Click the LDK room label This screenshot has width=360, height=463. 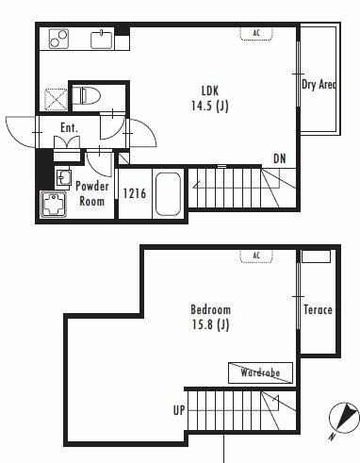210,91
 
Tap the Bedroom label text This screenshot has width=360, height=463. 211,309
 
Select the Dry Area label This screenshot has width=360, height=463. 319,85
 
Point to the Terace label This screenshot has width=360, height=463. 318,310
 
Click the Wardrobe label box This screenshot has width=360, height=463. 260,372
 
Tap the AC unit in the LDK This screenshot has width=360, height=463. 256,33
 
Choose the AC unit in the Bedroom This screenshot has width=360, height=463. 256,256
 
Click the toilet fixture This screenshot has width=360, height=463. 86,95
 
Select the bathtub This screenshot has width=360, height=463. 168,194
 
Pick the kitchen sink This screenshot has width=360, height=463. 102,40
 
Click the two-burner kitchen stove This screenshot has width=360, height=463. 58,39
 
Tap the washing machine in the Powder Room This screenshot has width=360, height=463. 54,205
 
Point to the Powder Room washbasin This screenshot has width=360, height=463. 64,178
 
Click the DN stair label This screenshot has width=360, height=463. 280,159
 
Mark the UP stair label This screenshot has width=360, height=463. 179,410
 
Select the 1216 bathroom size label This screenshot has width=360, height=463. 135,193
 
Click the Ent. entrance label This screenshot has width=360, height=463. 69,127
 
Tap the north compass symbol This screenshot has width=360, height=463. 344,418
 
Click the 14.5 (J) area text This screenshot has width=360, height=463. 210,106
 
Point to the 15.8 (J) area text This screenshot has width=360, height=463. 210,324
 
